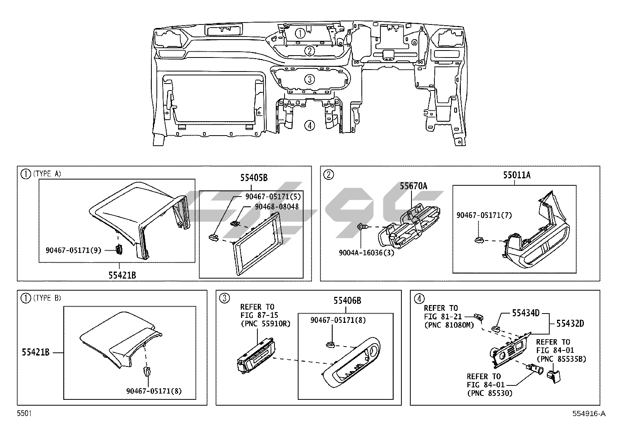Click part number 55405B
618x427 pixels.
(253, 178)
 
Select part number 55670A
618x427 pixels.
(413, 186)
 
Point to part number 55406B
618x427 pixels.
(347, 300)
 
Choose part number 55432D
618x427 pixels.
(570, 323)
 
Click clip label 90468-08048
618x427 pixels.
(277, 207)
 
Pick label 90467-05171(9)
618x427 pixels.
(73, 250)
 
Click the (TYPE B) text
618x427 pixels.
(47, 298)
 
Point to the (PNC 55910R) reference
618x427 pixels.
(265, 323)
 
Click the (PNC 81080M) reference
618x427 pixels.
(449, 325)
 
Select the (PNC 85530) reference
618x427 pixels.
(490, 394)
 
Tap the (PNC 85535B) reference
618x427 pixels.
(561, 359)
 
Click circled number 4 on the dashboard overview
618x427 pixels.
(309, 125)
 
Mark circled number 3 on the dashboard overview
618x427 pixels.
(309, 80)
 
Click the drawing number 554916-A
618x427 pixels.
(588, 413)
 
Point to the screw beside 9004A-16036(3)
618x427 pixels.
(361, 227)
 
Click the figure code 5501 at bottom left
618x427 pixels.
(24, 413)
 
